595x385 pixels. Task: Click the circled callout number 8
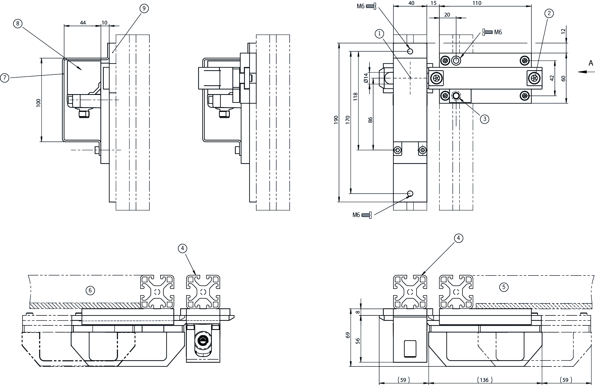pyautogui.click(x=18, y=23)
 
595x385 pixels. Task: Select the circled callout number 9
pyautogui.click(x=144, y=9)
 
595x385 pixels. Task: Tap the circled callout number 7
pyautogui.click(x=5, y=78)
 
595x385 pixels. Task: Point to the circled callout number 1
pyautogui.click(x=379, y=34)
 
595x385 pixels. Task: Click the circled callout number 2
pyautogui.click(x=549, y=13)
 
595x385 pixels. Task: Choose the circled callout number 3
pyautogui.click(x=485, y=119)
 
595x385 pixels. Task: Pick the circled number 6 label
pyautogui.click(x=90, y=291)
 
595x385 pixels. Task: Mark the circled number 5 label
pyautogui.click(x=504, y=287)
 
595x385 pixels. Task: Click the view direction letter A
pyautogui.click(x=591, y=63)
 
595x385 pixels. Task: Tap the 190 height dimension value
pyautogui.click(x=336, y=119)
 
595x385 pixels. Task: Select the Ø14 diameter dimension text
pyautogui.click(x=366, y=78)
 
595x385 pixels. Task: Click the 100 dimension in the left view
pyautogui.click(x=38, y=103)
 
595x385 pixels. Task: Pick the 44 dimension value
pyautogui.click(x=83, y=23)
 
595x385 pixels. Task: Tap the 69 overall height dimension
pyautogui.click(x=348, y=335)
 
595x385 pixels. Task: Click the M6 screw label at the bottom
pyautogui.click(x=356, y=215)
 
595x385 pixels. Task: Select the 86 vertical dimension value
pyautogui.click(x=370, y=120)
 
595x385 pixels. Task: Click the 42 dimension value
pyautogui.click(x=552, y=78)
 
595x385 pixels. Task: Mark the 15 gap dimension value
pyautogui.click(x=433, y=3)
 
